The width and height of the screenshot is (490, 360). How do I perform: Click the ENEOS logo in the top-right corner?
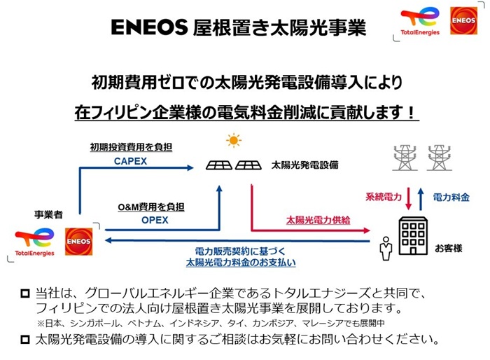[463, 21]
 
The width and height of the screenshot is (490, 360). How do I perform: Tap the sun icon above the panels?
[233, 141]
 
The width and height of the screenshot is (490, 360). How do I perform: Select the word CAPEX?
[132, 162]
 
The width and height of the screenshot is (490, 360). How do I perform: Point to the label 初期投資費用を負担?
[131, 148]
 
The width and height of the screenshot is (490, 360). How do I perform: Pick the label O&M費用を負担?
[150, 207]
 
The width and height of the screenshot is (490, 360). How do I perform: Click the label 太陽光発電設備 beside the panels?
[304, 166]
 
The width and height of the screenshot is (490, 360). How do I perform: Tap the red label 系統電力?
[384, 198]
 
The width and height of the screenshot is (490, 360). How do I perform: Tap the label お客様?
[449, 249]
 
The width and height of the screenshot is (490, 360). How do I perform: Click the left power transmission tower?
[405, 158]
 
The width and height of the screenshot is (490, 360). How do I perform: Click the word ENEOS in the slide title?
[148, 27]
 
